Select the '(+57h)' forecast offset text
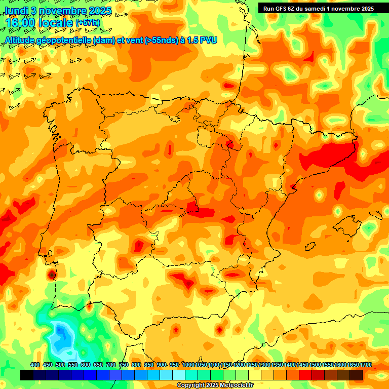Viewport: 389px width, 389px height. tap(88, 23)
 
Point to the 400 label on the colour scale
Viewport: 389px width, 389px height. tap(35, 365)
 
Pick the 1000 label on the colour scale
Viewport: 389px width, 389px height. tap(188, 365)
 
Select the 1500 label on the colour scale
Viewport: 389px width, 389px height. tap(315, 365)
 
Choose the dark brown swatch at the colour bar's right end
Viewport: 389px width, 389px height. tap(356, 375)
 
